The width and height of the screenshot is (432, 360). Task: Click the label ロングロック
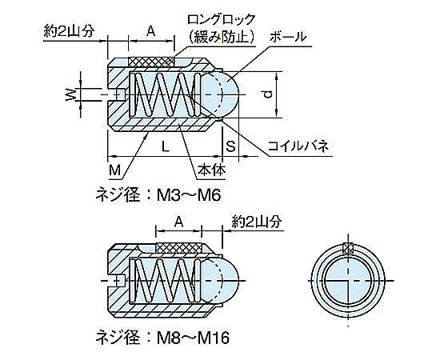pos(222,20)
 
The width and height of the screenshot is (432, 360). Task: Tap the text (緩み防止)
pos(222,37)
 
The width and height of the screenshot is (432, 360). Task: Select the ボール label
pos(288,36)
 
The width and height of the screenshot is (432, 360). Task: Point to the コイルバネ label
pos(298,146)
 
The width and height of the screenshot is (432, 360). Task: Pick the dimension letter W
pos(71,94)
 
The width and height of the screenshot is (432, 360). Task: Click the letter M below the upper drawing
pos(114,170)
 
